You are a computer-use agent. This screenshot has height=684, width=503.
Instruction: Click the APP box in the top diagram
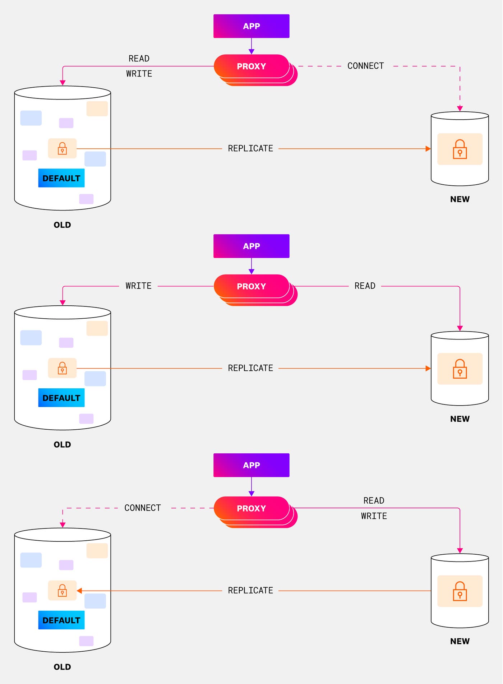point(251,26)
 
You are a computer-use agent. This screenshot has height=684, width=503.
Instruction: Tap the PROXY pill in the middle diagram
point(251,286)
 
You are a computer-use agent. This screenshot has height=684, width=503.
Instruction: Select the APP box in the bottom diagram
point(251,465)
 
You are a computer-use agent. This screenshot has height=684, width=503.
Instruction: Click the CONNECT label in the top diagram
point(365,66)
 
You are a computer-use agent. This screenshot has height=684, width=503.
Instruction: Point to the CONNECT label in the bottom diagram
point(142,508)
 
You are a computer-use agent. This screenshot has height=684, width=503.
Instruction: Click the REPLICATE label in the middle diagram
point(250,368)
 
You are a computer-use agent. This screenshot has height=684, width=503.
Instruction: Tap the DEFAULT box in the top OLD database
point(61,178)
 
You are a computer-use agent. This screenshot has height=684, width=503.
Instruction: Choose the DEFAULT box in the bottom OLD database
point(61,620)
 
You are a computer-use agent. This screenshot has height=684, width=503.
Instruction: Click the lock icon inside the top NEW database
point(460,149)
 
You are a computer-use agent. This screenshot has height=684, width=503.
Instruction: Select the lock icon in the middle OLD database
point(62,368)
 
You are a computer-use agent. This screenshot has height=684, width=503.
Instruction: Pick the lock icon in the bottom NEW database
point(460,591)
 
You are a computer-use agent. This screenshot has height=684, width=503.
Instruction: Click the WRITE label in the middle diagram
point(138,286)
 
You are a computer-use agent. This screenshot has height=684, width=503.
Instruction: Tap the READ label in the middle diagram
point(365,286)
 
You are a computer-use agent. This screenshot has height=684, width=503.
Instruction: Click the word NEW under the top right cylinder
point(460,199)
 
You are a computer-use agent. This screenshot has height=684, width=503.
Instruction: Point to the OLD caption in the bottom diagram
point(62,667)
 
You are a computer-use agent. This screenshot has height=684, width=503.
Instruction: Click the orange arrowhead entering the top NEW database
point(428,149)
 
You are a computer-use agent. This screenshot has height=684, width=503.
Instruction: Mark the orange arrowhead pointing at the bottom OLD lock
point(79,591)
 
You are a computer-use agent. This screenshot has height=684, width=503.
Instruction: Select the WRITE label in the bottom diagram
point(374,516)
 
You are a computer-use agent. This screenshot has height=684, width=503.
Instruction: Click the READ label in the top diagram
point(139,59)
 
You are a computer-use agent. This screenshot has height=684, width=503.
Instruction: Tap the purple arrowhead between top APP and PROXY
point(251,51)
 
